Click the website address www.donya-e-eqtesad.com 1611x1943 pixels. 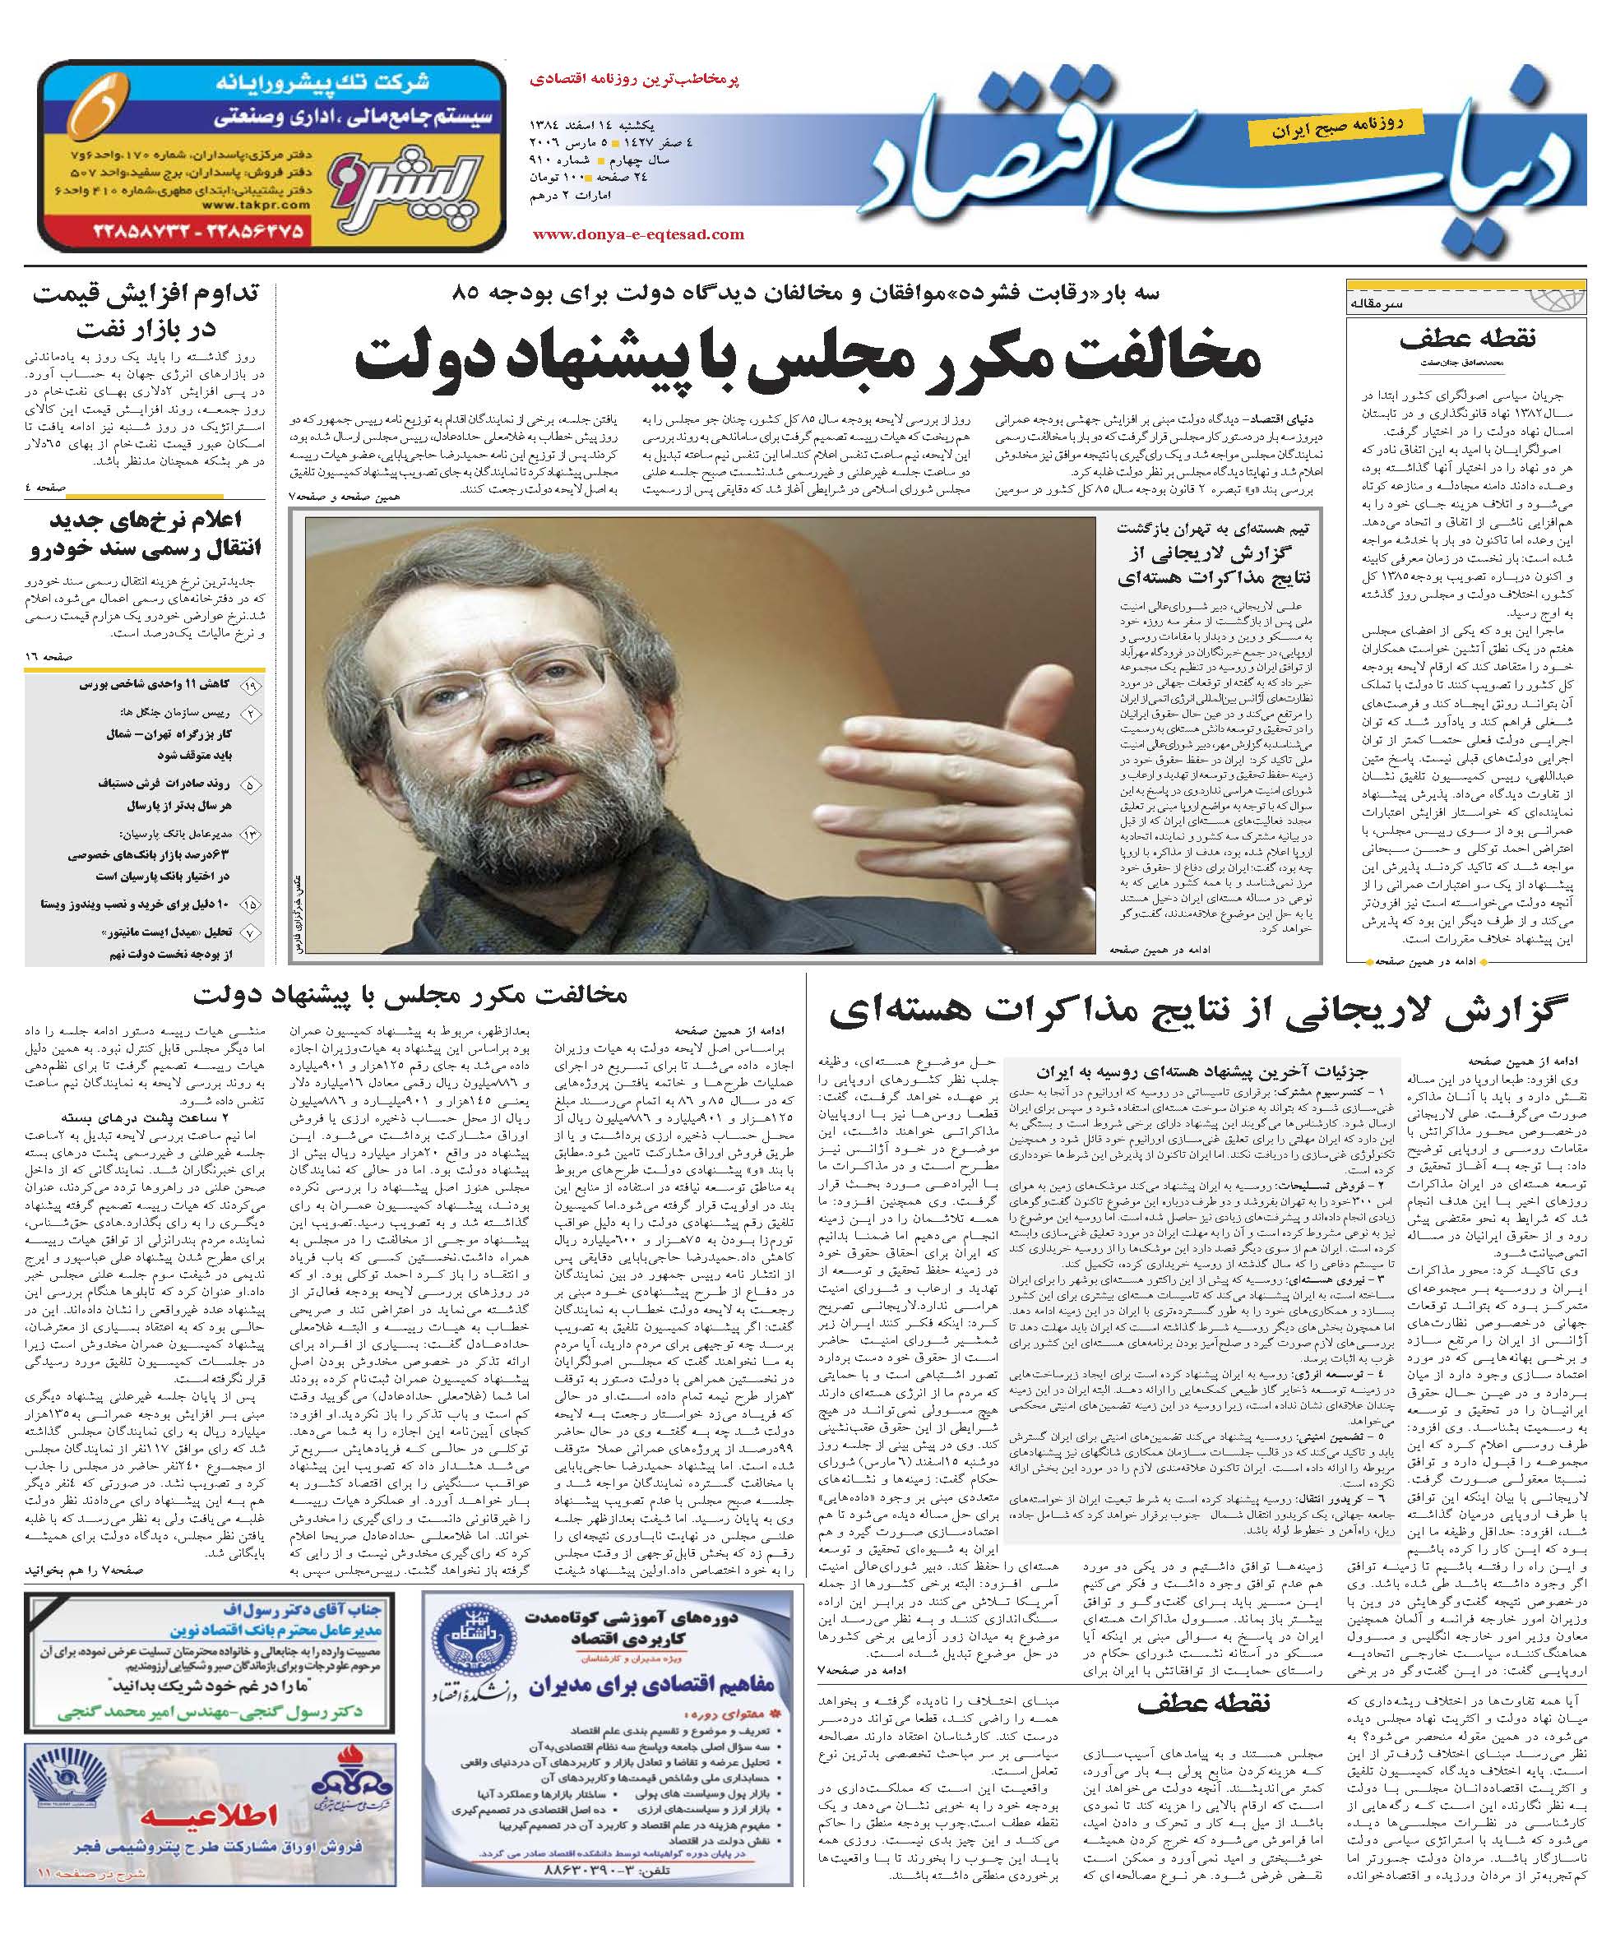tap(638, 234)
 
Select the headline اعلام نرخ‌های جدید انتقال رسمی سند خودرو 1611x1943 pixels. tap(146, 537)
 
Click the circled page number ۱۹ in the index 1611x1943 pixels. tap(249, 686)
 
